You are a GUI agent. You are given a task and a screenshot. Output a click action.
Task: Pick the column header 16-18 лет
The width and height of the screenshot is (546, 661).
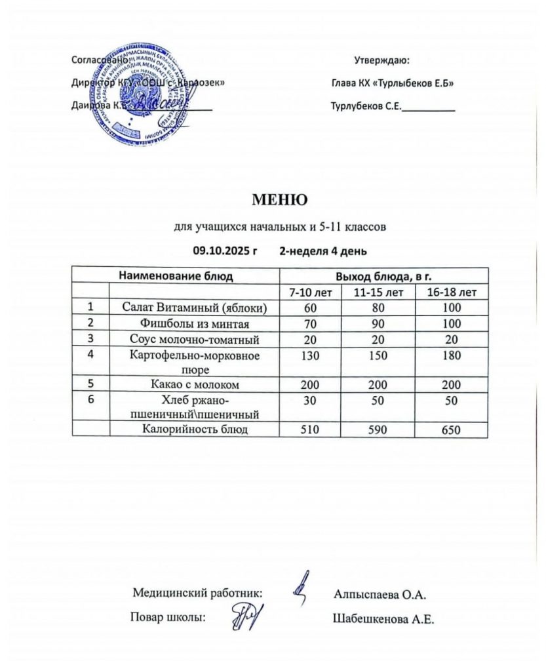[452, 292]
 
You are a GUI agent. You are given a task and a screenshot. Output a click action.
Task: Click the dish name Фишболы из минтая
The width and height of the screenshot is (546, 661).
[195, 323]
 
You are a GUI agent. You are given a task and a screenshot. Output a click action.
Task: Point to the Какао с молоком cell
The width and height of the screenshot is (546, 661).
[195, 384]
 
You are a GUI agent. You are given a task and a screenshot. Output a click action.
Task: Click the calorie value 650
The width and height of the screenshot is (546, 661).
[452, 431]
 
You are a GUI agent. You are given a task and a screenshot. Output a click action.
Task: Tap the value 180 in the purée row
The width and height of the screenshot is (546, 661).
[452, 355]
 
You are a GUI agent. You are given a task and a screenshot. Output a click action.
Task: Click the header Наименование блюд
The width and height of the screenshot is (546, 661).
[176, 275]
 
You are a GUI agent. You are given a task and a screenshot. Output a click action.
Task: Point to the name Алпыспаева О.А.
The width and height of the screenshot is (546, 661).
[380, 595]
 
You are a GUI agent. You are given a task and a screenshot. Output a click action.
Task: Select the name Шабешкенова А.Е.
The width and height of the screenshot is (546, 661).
[384, 618]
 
